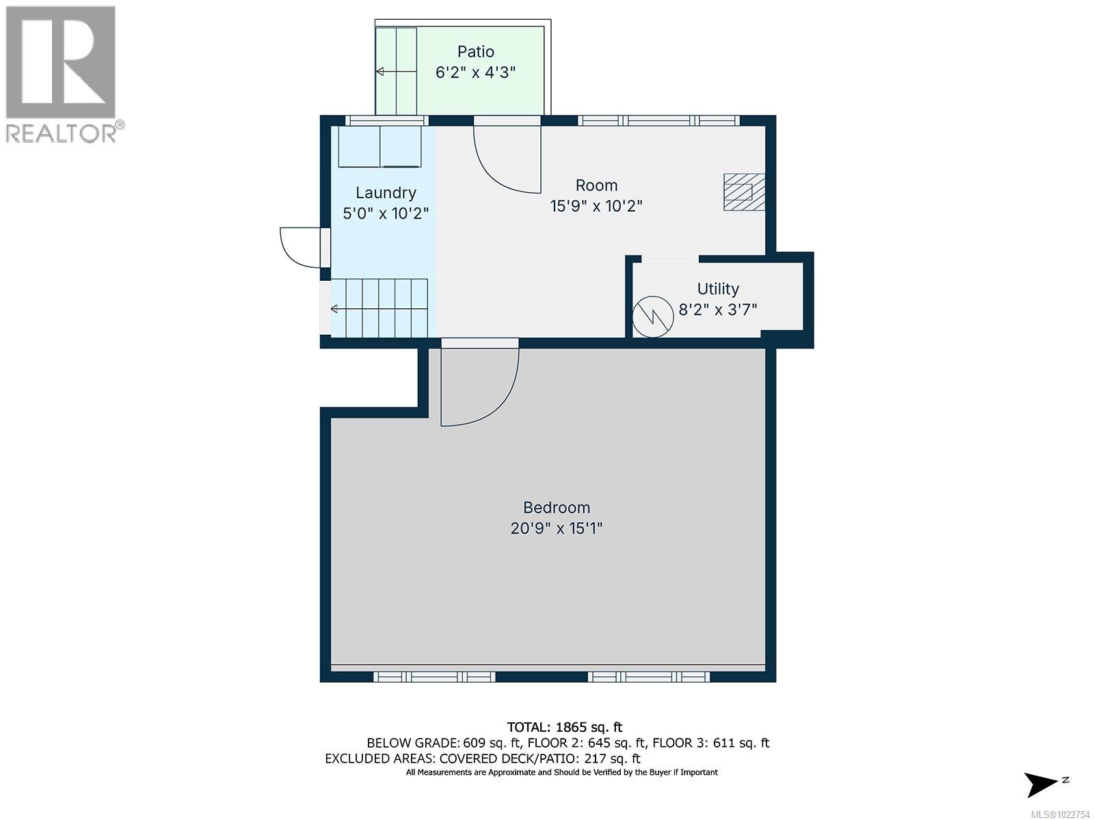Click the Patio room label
pos(475,52)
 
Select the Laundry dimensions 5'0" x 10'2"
pos(386,213)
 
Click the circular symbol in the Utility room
pos(653,316)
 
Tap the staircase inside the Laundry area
pos(380,308)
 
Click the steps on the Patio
pos(397,71)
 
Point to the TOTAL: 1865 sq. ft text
pos(564,727)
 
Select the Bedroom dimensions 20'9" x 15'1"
pos(557,528)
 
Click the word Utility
pos(718,289)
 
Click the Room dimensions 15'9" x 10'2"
pos(596,206)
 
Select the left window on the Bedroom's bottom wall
pos(434,676)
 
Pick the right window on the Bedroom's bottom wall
pos(648,676)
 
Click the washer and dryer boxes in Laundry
pos(380,147)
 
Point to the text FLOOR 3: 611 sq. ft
pos(710,743)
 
